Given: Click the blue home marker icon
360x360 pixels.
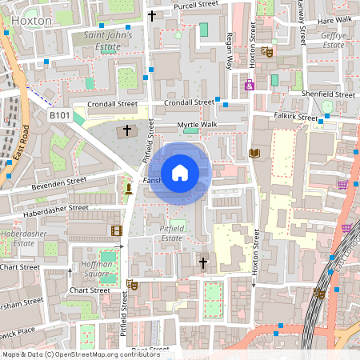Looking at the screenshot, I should pyautogui.click(x=180, y=173).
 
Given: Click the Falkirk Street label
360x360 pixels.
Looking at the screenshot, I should pyautogui.click(x=295, y=118).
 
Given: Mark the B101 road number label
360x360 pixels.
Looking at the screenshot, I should pyautogui.click(x=59, y=115).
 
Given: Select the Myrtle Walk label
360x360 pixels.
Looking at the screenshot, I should pyautogui.click(x=197, y=126).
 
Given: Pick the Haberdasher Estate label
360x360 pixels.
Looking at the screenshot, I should pyautogui.click(x=18, y=238).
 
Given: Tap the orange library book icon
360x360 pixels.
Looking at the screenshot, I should pyautogui.click(x=256, y=153).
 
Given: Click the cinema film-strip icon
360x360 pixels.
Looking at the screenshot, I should pyautogui.click(x=118, y=231).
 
